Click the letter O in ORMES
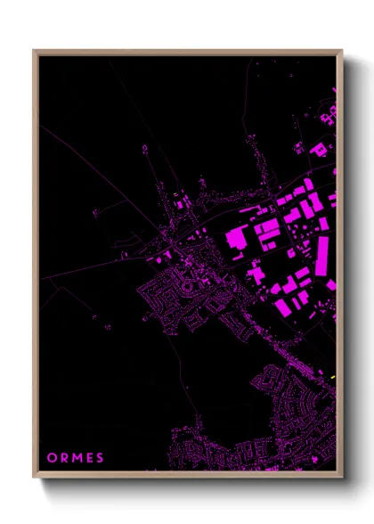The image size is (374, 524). coord(51,458)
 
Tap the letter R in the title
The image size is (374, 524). coord(64,458)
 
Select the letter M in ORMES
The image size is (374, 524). coord(77,458)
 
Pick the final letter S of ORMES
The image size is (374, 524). coord(101,458)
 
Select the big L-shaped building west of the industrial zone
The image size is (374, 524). coord(237,239)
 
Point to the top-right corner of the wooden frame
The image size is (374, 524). coord(341,51)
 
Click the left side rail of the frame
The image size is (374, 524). coord(35,267)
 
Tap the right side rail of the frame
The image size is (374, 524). coord(340,267)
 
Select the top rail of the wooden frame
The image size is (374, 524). coord(187,52)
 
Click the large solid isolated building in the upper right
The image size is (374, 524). coord(318,148)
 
